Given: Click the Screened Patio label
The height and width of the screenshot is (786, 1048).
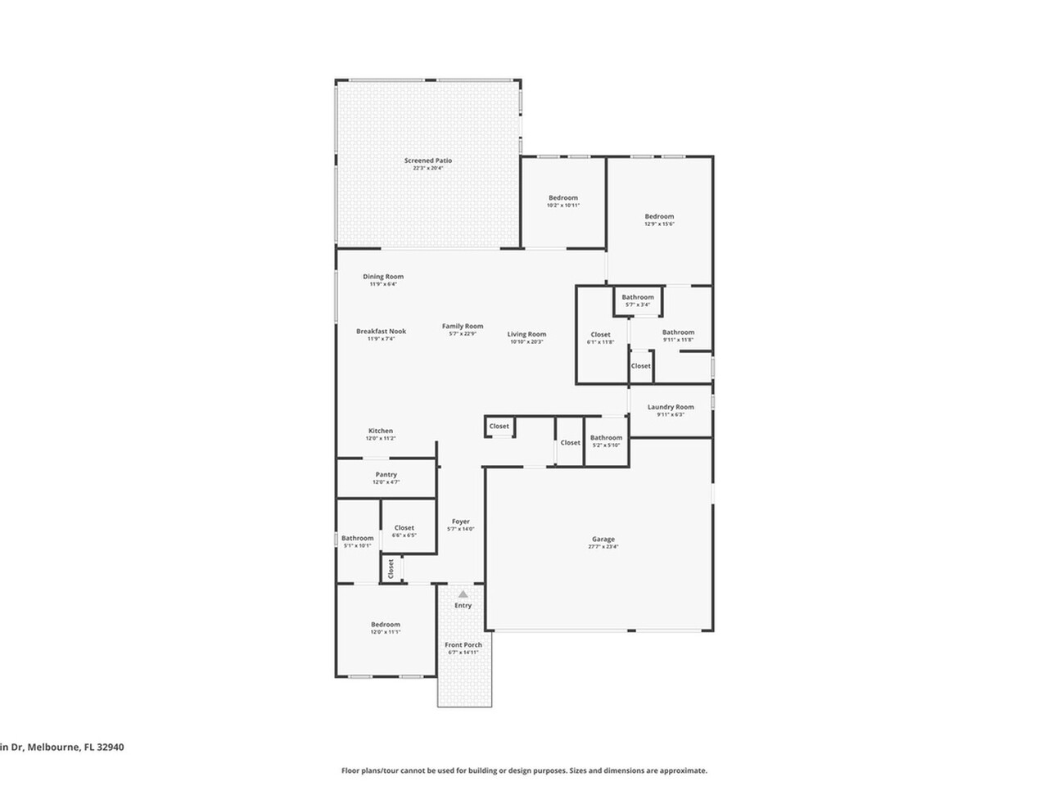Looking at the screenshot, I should [x=427, y=160].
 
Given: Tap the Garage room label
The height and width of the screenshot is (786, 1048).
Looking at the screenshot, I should [x=603, y=540].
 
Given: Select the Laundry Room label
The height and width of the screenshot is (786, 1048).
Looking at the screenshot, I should [x=670, y=407].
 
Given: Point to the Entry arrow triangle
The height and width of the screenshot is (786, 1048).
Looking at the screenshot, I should [x=463, y=594].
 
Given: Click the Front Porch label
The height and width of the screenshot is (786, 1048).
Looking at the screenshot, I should [x=463, y=645].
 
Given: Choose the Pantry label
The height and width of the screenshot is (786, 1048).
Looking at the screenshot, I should [x=386, y=475].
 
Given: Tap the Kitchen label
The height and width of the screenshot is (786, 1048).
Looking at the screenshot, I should [x=380, y=431].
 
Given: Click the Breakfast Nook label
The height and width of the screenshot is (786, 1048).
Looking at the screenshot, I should [x=381, y=332].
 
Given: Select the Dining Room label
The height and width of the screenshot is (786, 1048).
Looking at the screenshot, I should [x=383, y=277].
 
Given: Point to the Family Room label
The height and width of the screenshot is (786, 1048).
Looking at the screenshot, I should [x=463, y=326].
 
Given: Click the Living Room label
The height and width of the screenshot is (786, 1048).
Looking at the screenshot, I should [x=526, y=334].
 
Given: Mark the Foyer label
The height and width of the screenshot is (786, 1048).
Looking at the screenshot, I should [x=460, y=522].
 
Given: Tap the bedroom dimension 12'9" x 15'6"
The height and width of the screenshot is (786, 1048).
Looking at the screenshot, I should [x=658, y=224].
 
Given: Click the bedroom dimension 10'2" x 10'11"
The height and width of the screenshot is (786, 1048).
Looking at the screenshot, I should [x=562, y=206].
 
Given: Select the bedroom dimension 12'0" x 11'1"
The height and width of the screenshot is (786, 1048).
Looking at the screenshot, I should [x=385, y=632].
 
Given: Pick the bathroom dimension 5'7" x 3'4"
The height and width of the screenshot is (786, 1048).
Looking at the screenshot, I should [x=637, y=305].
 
